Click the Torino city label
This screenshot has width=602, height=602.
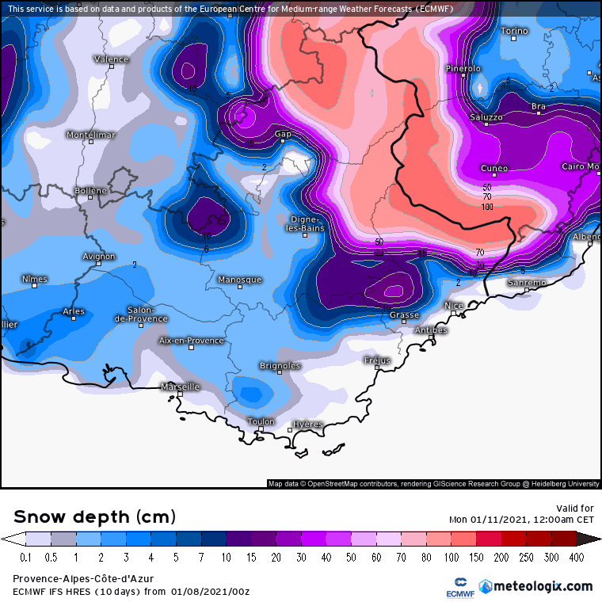pyautogui.click(x=514, y=31)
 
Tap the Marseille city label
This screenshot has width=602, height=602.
pyautogui.click(x=180, y=387)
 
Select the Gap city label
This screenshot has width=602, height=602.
pyautogui.click(x=283, y=134)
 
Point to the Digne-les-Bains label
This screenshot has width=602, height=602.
pyautogui.click(x=305, y=223)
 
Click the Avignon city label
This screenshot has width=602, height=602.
pyautogui.click(x=99, y=256)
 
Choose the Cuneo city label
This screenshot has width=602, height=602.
pyautogui.click(x=495, y=168)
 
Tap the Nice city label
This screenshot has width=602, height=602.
pyautogui.click(x=454, y=305)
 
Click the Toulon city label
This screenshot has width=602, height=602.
pyautogui.click(x=261, y=421)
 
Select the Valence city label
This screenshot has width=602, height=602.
pyautogui.click(x=111, y=59)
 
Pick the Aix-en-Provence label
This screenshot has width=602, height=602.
pyautogui.click(x=192, y=340)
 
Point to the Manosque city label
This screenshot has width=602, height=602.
pyautogui.click(x=239, y=280)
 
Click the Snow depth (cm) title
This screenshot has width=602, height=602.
pyautogui.click(x=95, y=517)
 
